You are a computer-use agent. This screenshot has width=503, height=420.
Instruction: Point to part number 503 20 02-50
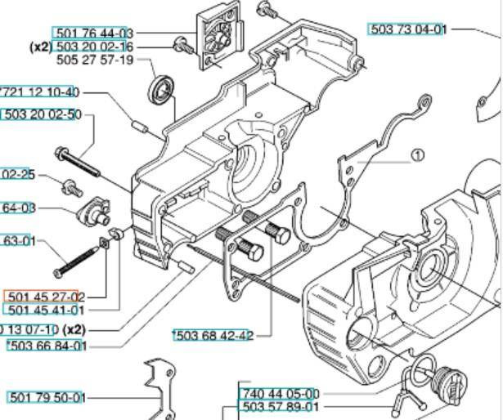(x=43, y=114)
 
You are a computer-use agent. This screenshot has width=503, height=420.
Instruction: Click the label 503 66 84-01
(x=47, y=346)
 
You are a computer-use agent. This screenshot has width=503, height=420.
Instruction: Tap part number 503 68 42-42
(x=213, y=335)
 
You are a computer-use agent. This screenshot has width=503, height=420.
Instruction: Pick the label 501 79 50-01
(x=47, y=397)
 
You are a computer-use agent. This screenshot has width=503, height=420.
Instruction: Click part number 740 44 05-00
(x=280, y=394)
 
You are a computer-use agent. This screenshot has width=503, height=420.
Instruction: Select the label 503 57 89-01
(x=280, y=407)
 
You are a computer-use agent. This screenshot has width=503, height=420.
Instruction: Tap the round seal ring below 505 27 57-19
(x=162, y=90)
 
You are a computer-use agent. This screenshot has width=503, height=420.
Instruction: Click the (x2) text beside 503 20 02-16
(x=41, y=47)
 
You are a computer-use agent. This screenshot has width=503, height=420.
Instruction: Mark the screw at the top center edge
(x=266, y=10)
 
